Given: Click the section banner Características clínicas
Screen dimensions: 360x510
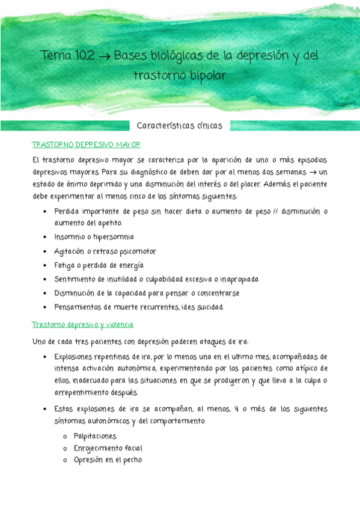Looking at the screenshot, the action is click(x=180, y=126).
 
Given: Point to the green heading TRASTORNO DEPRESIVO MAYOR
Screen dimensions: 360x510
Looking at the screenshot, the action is click(x=86, y=145).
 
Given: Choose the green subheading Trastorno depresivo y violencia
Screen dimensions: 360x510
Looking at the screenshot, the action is click(x=82, y=325).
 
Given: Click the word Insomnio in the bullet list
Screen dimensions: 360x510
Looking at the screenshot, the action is click(x=70, y=237).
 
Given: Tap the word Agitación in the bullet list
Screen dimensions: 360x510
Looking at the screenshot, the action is click(x=69, y=251).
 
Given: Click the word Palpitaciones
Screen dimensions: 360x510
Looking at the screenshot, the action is click(x=95, y=436).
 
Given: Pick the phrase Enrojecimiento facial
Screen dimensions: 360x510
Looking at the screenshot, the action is click(x=108, y=448).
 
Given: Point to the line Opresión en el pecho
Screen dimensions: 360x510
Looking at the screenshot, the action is click(x=108, y=460).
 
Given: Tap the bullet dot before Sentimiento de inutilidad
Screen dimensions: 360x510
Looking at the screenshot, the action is click(x=46, y=280).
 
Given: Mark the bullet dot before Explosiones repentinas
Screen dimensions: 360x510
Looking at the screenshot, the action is click(x=46, y=357).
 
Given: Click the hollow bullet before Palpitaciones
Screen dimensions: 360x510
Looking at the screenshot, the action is click(x=64, y=437).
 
